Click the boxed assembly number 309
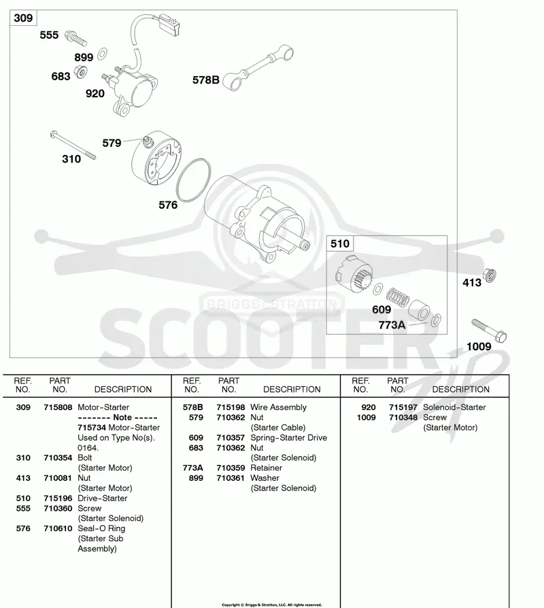coord(23,18)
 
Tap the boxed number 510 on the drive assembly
coord(340,243)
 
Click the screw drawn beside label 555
coord(75,38)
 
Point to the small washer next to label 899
coord(103,54)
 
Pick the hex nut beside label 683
coord(81,71)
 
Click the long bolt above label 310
coord(73,146)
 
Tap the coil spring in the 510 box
coord(397,297)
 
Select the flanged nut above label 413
coord(490,275)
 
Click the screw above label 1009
coord(489,331)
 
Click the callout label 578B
coord(206,80)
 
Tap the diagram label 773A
coord(392,325)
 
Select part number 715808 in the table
coord(58,407)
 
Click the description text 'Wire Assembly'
coord(278,407)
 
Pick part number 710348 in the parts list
coord(403,417)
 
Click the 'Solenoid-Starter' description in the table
coord(454,407)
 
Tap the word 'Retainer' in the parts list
coord(266,468)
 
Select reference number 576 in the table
coord(23,528)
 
